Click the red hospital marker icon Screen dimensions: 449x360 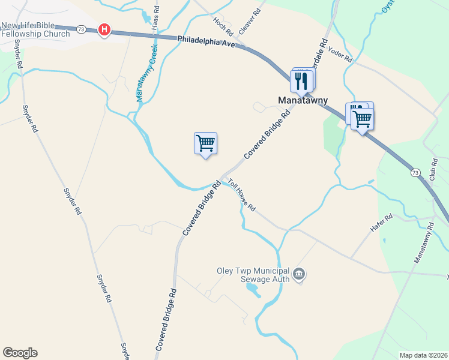pyautogui.click(x=104, y=29)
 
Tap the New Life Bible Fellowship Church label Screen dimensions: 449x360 pyautogui.click(x=35, y=29)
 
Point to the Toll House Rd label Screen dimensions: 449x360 pyautogui.click(x=241, y=196)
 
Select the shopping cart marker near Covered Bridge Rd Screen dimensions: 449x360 pyautogui.click(x=205, y=144)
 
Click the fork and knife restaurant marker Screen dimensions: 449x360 pyautogui.click(x=301, y=81)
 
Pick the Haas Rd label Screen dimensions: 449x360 pyautogui.click(x=157, y=19)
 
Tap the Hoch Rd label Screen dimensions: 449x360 pyautogui.click(x=223, y=25)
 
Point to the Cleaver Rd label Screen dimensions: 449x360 pyautogui.click(x=249, y=20)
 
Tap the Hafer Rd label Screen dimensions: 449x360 pyautogui.click(x=381, y=224)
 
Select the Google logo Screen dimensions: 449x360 pyautogui.click(x=20, y=353)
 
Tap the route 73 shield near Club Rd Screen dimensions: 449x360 pyautogui.click(x=415, y=173)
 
